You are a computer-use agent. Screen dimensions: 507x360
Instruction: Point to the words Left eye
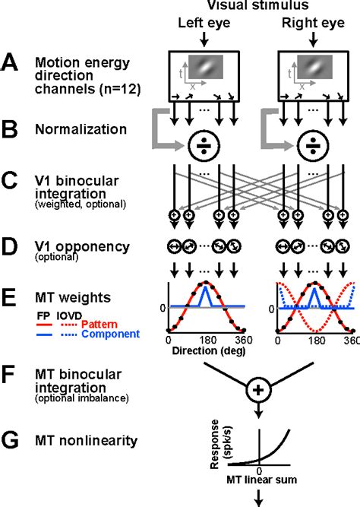coord(202,24)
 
